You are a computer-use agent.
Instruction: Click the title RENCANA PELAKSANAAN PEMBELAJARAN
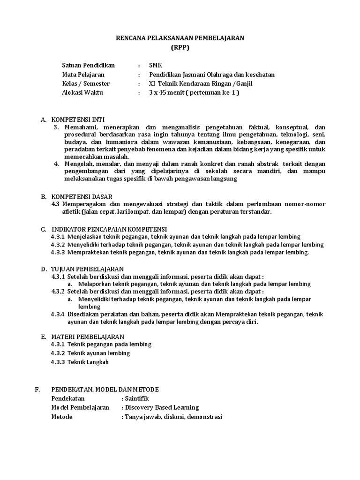[180, 38]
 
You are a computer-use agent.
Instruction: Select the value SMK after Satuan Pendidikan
[155, 65]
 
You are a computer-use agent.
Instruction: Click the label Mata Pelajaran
[83, 75]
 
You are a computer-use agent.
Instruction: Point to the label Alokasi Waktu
[82, 92]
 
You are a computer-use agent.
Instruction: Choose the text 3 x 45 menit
[166, 92]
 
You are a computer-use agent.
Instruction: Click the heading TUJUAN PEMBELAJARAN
[87, 269]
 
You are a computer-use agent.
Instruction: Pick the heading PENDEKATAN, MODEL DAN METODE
[105, 390]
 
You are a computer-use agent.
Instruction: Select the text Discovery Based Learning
[162, 407]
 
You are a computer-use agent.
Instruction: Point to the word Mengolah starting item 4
[79, 164]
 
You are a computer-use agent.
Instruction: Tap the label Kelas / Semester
[86, 83]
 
